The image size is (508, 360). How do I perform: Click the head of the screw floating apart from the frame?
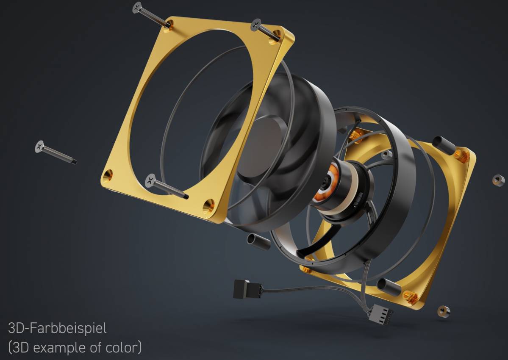pyautogui.click(x=40, y=147)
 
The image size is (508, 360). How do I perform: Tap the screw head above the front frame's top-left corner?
pyautogui.click(x=137, y=7)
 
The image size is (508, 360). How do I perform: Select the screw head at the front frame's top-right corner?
pyautogui.click(x=256, y=24)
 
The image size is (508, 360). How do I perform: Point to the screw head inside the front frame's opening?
pyautogui.click(x=150, y=180)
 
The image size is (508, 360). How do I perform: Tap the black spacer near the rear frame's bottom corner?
pyautogui.click(x=388, y=287)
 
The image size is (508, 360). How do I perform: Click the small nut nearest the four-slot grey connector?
pyautogui.click(x=444, y=312)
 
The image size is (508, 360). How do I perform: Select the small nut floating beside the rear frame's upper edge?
pyautogui.click(x=498, y=180)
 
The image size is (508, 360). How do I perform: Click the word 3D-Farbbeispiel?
pyautogui.click(x=57, y=328)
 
